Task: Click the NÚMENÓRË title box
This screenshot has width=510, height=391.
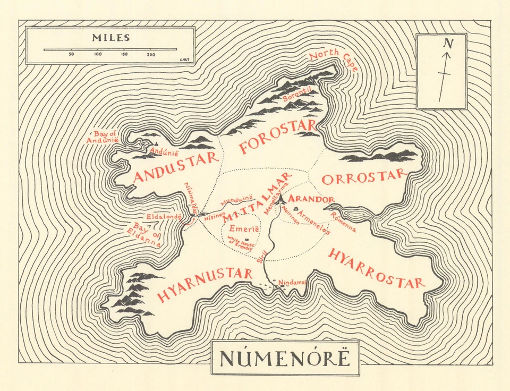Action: point(285,358)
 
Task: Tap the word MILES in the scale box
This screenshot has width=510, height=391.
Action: point(110,38)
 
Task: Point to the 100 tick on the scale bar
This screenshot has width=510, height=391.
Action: point(98,50)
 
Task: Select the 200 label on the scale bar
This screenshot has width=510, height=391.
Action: point(151,55)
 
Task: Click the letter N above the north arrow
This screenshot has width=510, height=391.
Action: point(448,43)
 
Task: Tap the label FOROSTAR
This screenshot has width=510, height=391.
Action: point(277,137)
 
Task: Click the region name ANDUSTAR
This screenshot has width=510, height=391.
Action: point(176,167)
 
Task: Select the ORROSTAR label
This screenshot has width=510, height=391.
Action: point(363,178)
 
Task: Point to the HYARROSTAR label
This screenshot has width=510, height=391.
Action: point(376,269)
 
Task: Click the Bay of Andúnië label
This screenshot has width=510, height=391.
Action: point(101,137)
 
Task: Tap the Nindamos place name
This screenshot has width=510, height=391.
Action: point(293,282)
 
